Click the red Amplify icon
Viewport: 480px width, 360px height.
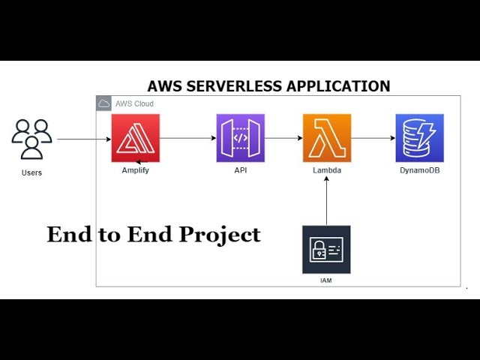click(x=136, y=138)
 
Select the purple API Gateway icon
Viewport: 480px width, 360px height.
click(x=241, y=138)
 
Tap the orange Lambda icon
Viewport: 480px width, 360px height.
click(x=327, y=138)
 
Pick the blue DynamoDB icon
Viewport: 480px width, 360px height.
click(x=420, y=138)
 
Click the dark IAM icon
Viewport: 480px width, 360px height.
click(x=326, y=250)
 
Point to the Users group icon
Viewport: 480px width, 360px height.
click(x=31, y=139)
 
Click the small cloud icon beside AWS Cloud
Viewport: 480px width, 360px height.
click(x=103, y=103)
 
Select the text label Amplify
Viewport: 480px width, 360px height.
click(x=136, y=170)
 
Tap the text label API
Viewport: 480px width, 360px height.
click(x=241, y=170)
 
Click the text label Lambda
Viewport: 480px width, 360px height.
click(x=327, y=170)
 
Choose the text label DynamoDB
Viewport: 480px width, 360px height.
click(x=420, y=170)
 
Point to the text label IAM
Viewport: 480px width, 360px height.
click(x=326, y=280)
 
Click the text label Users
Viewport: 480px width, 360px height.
click(x=31, y=172)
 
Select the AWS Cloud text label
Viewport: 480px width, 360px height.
click(x=134, y=103)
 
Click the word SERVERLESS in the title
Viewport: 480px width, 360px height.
click(x=234, y=86)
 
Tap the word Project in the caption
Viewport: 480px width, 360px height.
click(x=220, y=235)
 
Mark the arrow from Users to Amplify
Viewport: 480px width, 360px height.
click(x=84, y=139)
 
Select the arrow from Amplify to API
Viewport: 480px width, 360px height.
click(x=188, y=138)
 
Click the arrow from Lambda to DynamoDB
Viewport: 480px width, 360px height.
click(x=373, y=138)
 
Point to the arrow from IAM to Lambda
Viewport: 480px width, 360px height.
click(x=326, y=201)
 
